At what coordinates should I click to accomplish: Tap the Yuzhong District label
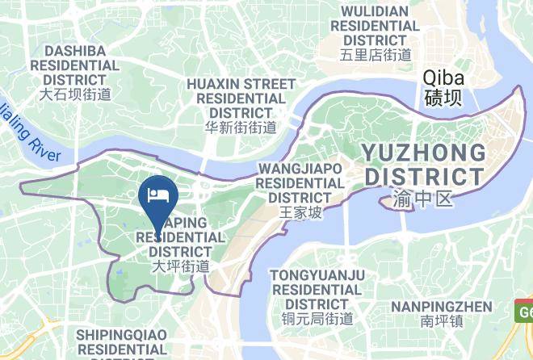(424, 164)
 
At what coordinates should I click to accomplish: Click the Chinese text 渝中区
(424, 198)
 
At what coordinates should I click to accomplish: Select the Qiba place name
(443, 78)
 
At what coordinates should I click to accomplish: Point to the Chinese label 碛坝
(443, 98)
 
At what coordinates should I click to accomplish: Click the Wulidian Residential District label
(376, 26)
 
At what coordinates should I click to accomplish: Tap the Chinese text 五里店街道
(376, 55)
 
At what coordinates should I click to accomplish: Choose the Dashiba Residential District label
(75, 65)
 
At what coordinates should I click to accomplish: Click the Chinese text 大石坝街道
(75, 94)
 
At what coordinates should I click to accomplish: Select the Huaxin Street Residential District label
(241, 98)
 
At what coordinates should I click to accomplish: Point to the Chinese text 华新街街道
(241, 127)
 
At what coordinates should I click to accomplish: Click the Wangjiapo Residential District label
(300, 182)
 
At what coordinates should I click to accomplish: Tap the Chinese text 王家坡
(300, 213)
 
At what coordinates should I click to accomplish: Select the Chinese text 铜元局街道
(317, 318)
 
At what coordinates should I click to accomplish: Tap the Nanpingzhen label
(441, 306)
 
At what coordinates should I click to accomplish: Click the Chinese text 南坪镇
(441, 321)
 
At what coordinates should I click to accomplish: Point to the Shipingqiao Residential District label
(121, 341)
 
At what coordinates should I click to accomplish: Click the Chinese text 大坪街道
(181, 266)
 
